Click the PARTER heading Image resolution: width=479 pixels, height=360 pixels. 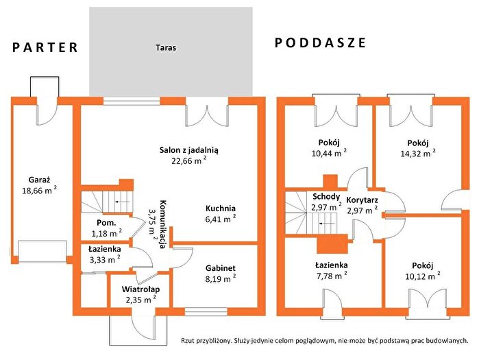pyautogui.click(x=45, y=48)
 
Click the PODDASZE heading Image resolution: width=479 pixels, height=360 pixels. pyautogui.click(x=321, y=43)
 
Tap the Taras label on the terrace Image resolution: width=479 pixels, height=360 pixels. pyautogui.click(x=166, y=48)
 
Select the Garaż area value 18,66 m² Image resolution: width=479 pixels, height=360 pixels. pyautogui.click(x=40, y=191)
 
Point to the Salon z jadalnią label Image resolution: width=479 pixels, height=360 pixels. pyautogui.click(x=188, y=149)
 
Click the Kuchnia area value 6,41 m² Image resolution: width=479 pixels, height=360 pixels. pyautogui.click(x=221, y=219)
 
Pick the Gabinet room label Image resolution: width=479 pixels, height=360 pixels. pyautogui.click(x=221, y=268)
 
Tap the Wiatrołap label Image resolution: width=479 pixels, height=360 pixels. pyautogui.click(x=141, y=289)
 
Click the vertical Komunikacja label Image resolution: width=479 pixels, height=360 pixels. pyautogui.click(x=163, y=224)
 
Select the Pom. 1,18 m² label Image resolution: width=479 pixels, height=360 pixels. pyautogui.click(x=107, y=228)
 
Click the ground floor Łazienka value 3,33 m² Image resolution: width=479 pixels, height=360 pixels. pyautogui.click(x=105, y=259)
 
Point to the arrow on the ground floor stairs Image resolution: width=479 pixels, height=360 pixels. pyautogui.click(x=121, y=202)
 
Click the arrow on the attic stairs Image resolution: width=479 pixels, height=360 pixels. pyautogui.click(x=326, y=224)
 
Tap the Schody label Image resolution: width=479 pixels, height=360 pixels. pyautogui.click(x=326, y=196)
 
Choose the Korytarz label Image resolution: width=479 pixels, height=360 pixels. pyautogui.click(x=362, y=200)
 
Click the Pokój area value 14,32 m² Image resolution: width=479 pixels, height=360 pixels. pyautogui.click(x=418, y=153)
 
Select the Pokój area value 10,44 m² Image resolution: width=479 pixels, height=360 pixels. pyautogui.click(x=329, y=152)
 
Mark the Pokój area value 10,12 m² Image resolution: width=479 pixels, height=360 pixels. pyautogui.click(x=423, y=276)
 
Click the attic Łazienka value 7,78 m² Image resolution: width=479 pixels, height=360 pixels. pyautogui.click(x=332, y=276)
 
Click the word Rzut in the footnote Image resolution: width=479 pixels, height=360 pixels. pyautogui.click(x=188, y=340)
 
